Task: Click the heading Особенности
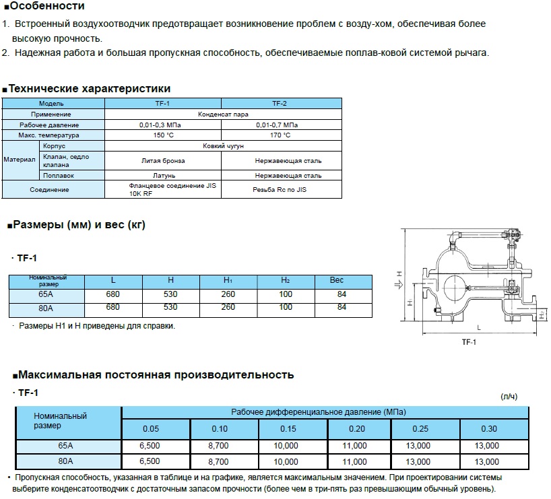coord(47,6)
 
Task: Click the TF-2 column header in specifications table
coord(280,104)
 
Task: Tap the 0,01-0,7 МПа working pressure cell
coord(280,125)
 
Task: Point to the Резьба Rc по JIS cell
coord(280,190)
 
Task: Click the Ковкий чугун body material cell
coord(223,145)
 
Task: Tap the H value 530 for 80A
coord(171,308)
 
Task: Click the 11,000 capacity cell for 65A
coord(355,446)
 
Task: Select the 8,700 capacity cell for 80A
coord(219,462)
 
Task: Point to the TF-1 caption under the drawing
coord(469,342)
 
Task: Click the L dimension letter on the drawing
coord(478,327)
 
